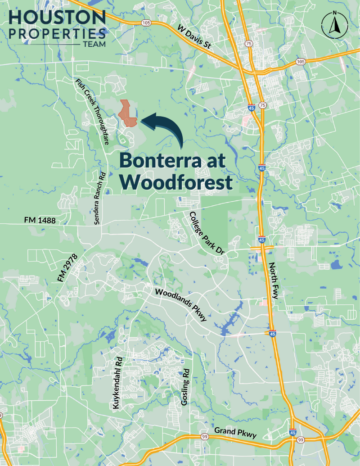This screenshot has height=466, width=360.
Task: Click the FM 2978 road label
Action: (67, 269)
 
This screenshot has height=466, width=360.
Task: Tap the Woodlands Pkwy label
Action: (181, 305)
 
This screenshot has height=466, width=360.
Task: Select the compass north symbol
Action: (333, 25)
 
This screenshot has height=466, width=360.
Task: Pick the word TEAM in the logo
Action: (94, 45)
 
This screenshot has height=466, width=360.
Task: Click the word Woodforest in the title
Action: (176, 182)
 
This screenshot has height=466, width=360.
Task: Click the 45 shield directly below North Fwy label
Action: (273, 334)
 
